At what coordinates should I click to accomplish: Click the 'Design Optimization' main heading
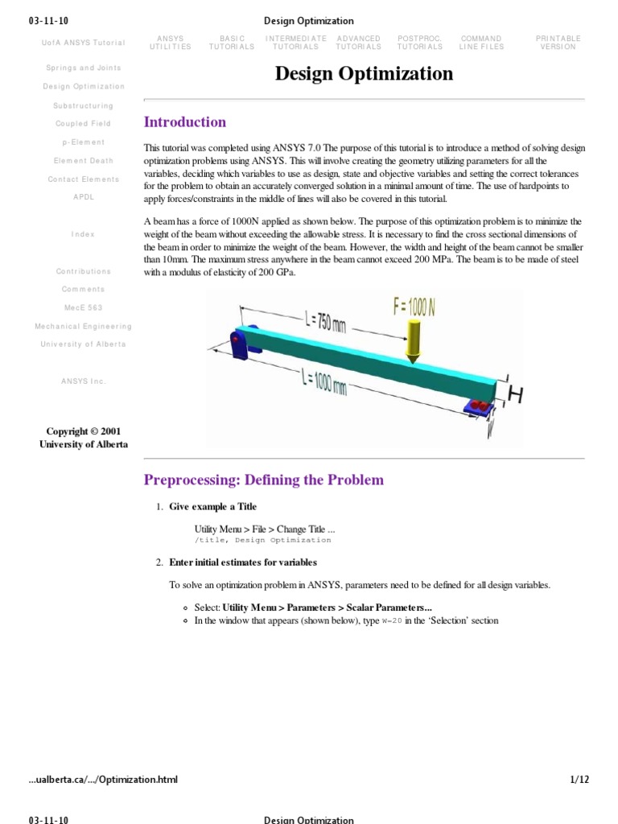[364, 74]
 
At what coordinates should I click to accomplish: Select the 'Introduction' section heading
[184, 122]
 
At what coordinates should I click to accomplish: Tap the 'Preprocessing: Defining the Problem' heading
[263, 480]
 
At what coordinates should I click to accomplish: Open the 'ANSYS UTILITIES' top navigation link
[170, 43]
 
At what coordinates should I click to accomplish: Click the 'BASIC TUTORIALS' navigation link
[232, 43]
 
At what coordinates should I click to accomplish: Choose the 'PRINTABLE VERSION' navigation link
[558, 43]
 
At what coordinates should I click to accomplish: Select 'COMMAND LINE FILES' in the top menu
[481, 43]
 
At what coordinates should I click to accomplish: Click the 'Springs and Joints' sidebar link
[84, 68]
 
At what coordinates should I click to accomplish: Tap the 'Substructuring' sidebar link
[84, 105]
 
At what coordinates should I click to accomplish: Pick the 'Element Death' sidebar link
[84, 161]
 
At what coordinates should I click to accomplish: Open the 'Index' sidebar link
[83, 234]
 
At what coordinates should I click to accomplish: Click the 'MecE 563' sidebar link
[84, 307]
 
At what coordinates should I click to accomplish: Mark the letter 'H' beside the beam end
[515, 394]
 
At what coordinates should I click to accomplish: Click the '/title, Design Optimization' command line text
[262, 540]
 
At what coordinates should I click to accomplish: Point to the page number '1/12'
[579, 779]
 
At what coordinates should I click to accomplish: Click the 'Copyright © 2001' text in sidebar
[83, 431]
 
